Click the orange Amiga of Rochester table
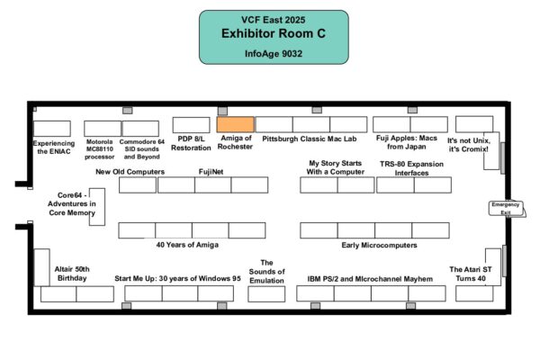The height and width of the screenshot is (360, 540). (x=235, y=124)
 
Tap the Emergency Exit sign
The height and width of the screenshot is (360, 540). (x=505, y=208)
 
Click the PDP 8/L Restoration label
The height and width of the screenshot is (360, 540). (x=191, y=144)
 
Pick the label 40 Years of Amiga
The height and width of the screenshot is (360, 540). (x=187, y=245)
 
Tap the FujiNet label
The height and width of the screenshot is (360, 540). (x=211, y=170)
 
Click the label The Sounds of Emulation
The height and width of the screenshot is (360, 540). (x=266, y=271)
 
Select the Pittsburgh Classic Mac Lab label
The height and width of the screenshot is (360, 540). (x=310, y=139)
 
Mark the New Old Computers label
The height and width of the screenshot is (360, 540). (x=130, y=170)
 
